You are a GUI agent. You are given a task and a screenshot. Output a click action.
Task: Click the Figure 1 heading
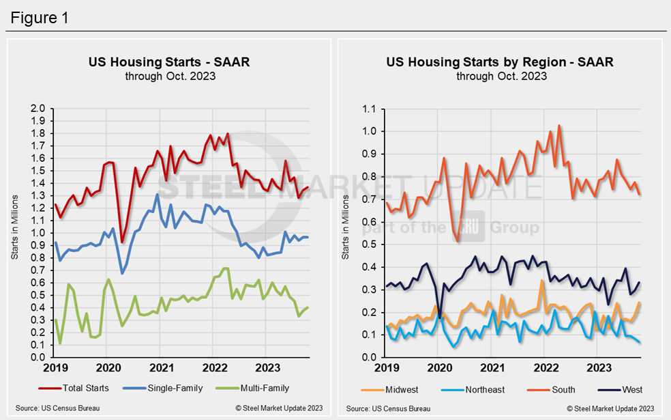tap(39, 17)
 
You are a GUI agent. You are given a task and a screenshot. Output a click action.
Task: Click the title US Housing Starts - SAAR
tap(169, 62)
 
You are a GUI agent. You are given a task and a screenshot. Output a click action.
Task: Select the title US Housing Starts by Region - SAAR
tap(500, 62)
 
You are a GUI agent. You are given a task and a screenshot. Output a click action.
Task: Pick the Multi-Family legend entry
tap(257, 388)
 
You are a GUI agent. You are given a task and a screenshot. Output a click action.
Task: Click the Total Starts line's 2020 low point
tap(122, 242)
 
